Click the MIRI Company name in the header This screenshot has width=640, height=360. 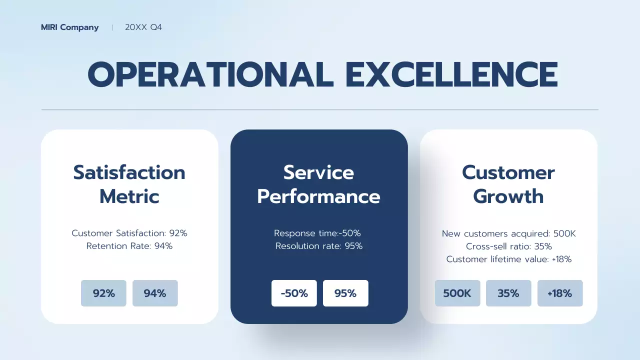pyautogui.click(x=69, y=27)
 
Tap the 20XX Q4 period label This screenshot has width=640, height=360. pyautogui.click(x=143, y=27)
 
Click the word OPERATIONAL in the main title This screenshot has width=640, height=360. pyautogui.click(x=210, y=75)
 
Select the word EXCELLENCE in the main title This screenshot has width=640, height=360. pyautogui.click(x=451, y=75)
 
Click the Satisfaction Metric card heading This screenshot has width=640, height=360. pyautogui.click(x=129, y=184)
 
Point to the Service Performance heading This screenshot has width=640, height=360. pyautogui.click(x=318, y=184)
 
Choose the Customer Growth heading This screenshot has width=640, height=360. pyautogui.click(x=508, y=184)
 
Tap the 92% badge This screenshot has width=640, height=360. pyautogui.click(x=103, y=293)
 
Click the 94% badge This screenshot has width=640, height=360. pyautogui.click(x=155, y=293)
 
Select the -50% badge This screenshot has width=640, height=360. pyautogui.click(x=294, y=293)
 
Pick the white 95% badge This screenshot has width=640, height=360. pyautogui.click(x=345, y=293)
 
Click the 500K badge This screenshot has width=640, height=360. pyautogui.click(x=457, y=293)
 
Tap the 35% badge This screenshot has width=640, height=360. pyautogui.click(x=508, y=293)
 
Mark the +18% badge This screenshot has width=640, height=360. pyautogui.click(x=560, y=293)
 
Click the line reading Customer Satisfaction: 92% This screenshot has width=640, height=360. pyautogui.click(x=129, y=233)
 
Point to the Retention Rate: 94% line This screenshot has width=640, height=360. pyautogui.click(x=129, y=246)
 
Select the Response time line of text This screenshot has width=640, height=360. pyautogui.click(x=317, y=233)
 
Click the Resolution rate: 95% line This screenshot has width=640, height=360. pyautogui.click(x=319, y=246)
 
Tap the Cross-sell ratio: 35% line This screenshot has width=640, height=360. pyautogui.click(x=509, y=246)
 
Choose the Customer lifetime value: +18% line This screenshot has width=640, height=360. pyautogui.click(x=509, y=259)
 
